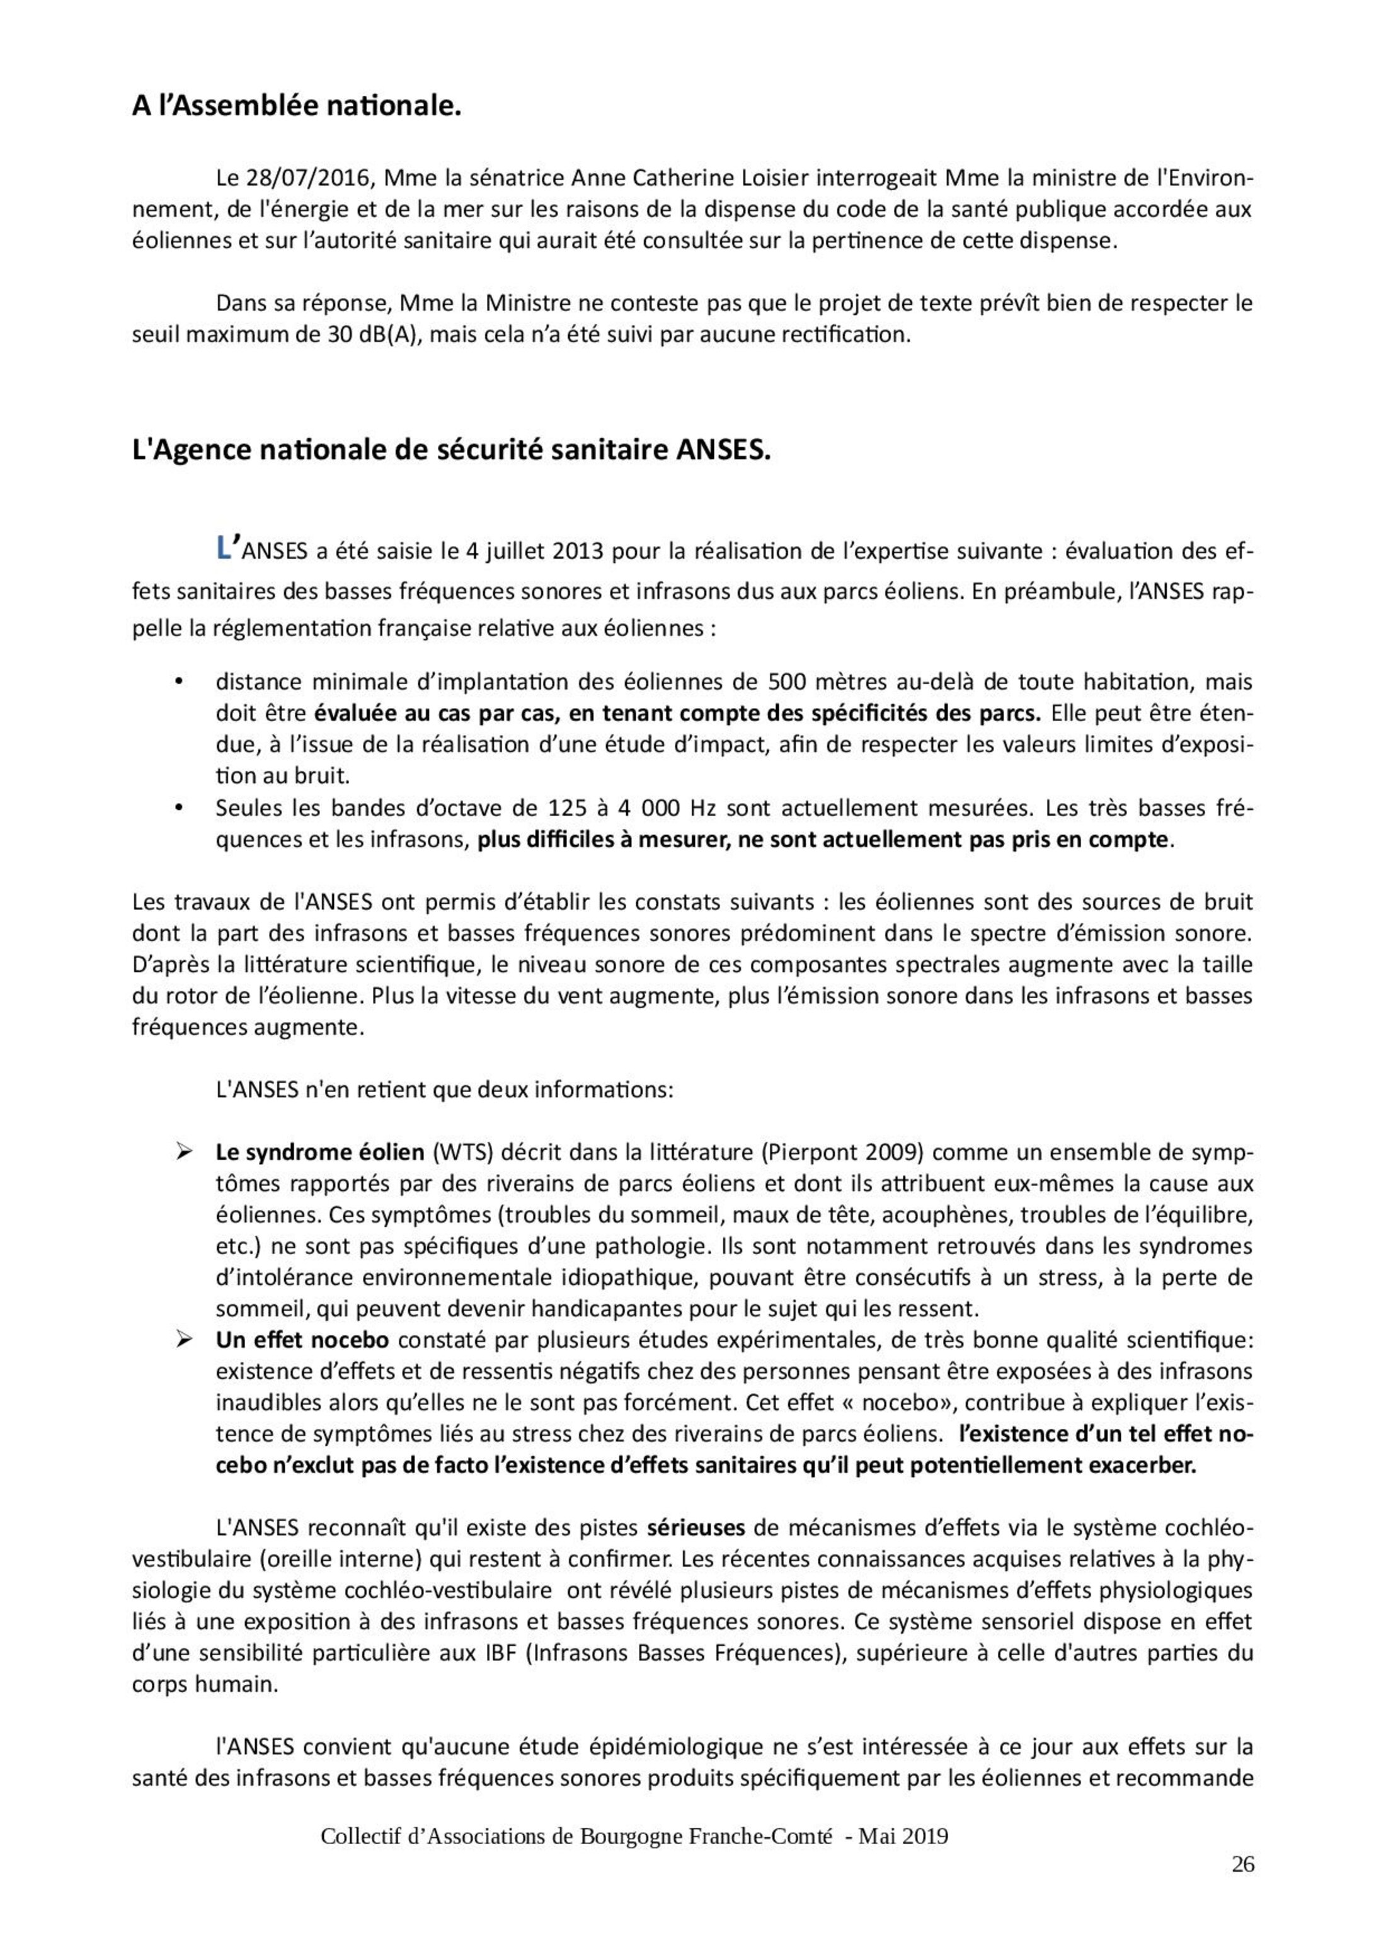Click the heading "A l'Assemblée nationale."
click(x=296, y=106)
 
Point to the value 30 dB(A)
click(x=372, y=334)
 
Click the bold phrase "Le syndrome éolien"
click(x=319, y=1153)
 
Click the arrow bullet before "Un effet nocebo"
click(x=182, y=1340)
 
